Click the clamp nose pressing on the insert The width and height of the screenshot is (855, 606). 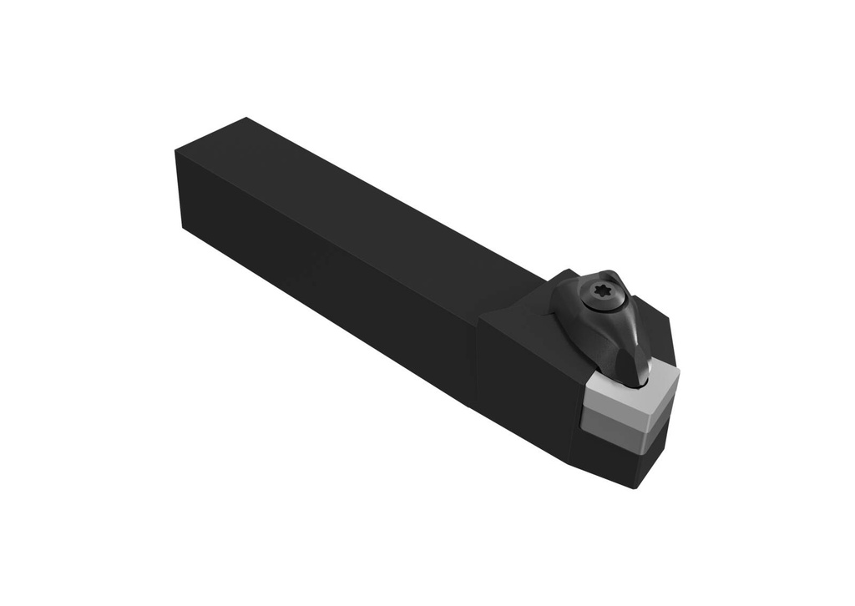pos(638,367)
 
